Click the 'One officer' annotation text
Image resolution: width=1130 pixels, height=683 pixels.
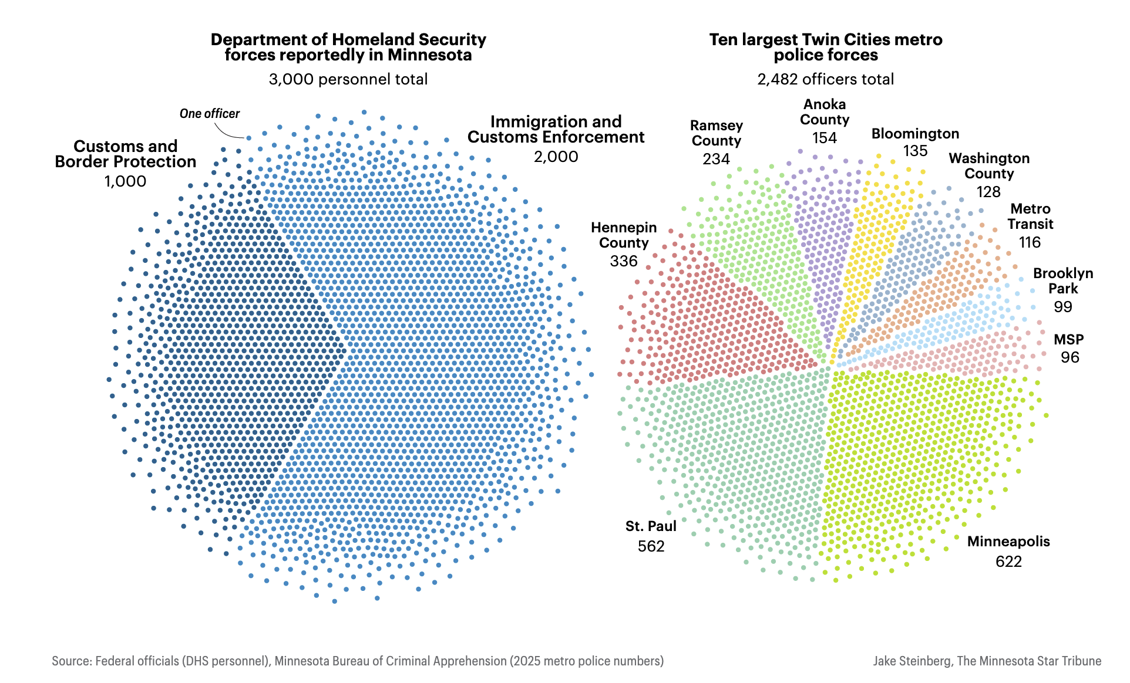click(x=210, y=114)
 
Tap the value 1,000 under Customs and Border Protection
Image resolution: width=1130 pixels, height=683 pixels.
click(x=125, y=181)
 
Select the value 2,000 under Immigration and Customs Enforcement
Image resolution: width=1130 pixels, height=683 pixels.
click(x=556, y=157)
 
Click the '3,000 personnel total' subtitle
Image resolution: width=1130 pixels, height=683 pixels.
click(x=348, y=79)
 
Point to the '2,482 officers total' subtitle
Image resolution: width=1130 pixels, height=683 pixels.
click(x=825, y=79)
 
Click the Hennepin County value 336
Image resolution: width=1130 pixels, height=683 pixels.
click(x=624, y=261)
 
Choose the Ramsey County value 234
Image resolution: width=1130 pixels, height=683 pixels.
click(x=716, y=159)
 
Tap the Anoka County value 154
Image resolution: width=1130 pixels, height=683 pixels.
click(x=825, y=138)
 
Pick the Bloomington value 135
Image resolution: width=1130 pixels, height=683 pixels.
click(x=915, y=151)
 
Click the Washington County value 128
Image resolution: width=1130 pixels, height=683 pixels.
click(x=988, y=192)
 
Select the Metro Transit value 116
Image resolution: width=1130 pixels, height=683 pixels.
click(x=1030, y=242)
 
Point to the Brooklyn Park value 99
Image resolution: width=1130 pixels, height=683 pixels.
click(x=1063, y=307)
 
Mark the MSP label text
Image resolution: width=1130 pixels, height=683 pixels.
click(x=1069, y=340)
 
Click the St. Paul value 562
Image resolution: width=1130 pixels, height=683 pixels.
click(x=651, y=546)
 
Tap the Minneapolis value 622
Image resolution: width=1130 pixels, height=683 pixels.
click(x=1008, y=562)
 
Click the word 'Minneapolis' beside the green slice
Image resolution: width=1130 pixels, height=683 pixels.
click(x=1008, y=542)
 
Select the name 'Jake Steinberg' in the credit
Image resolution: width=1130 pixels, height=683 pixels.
click(x=912, y=661)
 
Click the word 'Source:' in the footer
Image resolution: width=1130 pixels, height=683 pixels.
click(x=72, y=661)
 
